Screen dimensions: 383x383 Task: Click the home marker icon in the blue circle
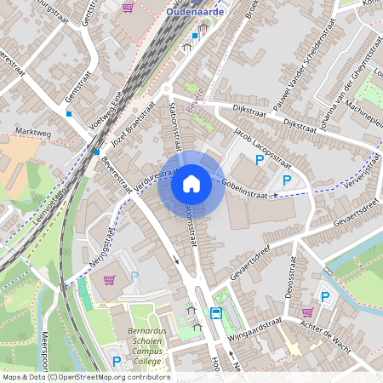191,183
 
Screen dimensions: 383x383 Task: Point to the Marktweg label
35,133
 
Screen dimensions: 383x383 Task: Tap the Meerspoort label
44,349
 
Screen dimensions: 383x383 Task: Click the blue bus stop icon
216,313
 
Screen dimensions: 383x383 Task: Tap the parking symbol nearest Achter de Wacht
324,296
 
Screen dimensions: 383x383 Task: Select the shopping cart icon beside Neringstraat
110,279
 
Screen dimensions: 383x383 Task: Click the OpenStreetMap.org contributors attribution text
110,377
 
